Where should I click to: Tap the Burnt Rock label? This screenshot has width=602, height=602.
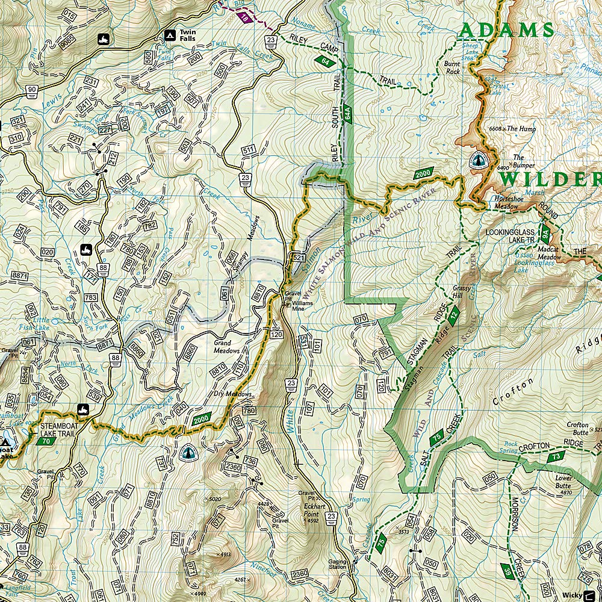coord(452,67)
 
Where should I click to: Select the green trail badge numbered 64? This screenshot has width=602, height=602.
coord(325,61)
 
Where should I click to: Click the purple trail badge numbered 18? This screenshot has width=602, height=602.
coord(244,17)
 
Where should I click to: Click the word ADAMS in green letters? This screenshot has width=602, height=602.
coord(506,30)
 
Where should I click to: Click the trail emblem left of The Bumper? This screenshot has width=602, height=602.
coord(477,160)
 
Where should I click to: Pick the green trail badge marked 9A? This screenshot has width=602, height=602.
coord(545,231)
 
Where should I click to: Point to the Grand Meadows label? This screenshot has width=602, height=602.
coord(226,347)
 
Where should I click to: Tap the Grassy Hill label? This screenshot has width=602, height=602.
coord(461,292)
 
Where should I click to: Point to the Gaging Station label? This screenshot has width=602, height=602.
coord(338,563)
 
